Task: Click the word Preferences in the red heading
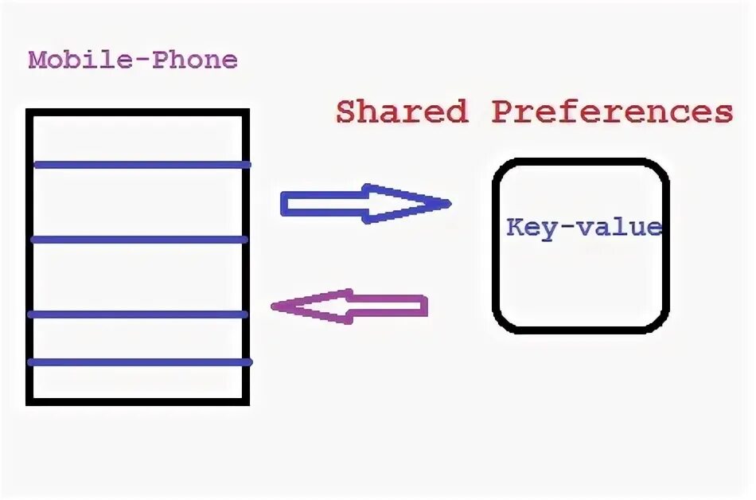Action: [611, 112]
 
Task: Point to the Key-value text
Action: [584, 228]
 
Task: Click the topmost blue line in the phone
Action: [142, 165]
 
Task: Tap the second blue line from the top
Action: [139, 239]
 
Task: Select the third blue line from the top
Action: [138, 314]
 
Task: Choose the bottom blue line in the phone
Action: [140, 362]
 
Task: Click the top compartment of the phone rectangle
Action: [138, 138]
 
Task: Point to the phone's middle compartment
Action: [138, 276]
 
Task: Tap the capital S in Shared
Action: [345, 112]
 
